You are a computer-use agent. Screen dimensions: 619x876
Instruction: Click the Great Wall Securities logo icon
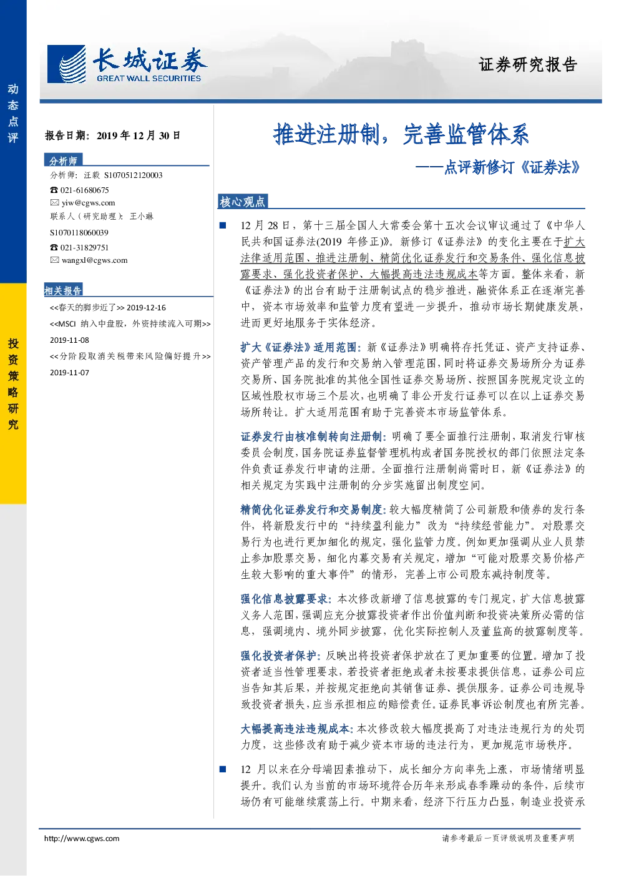(66, 64)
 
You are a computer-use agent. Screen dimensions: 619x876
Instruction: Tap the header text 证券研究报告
(527, 64)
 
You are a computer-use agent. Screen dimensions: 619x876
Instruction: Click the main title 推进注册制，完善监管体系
(401, 134)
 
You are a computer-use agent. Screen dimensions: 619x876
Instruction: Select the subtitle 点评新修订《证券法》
(498, 167)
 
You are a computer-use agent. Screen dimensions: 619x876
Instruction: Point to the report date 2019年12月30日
(139, 135)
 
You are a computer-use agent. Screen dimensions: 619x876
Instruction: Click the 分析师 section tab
(63, 160)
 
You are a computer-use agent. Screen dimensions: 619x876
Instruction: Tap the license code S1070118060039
(79, 233)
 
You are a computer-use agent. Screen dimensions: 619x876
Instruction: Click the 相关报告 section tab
(63, 290)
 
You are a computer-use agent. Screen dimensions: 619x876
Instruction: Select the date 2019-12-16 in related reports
(147, 308)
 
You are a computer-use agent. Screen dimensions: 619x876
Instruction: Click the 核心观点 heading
(243, 202)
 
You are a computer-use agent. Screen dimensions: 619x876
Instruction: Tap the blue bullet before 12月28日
(223, 225)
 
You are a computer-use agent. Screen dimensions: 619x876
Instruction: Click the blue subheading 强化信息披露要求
(286, 599)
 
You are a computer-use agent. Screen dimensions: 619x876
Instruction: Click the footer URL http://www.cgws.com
(82, 838)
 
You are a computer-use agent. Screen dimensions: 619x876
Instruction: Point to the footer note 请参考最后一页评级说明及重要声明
(508, 838)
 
